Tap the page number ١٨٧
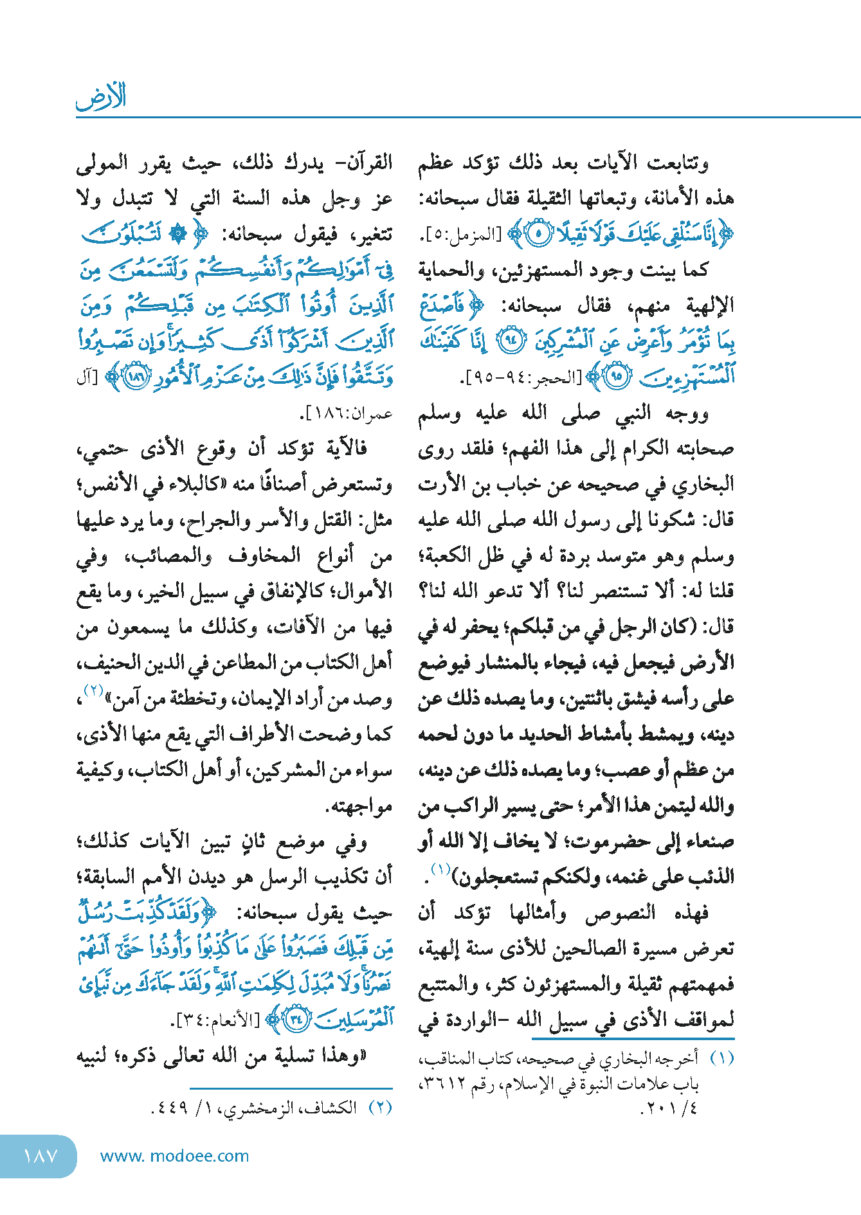point(40,1156)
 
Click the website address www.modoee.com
point(174,1156)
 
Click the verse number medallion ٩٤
point(512,341)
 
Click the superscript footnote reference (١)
point(440,870)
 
